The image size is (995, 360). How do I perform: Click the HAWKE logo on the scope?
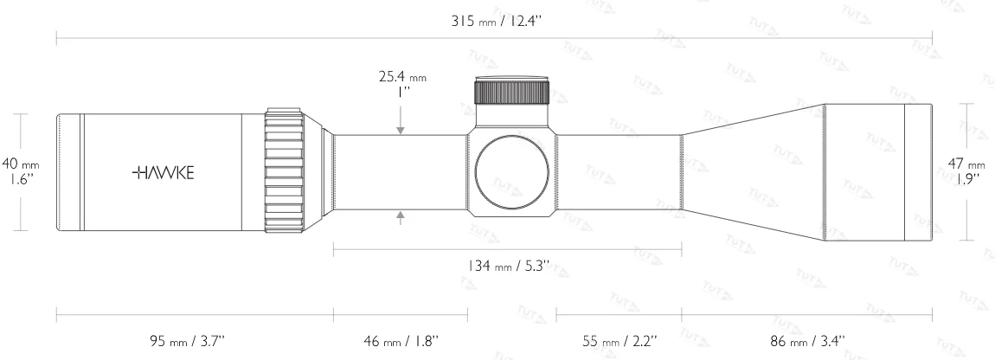[164, 172]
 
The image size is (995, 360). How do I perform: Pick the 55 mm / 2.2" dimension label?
[618, 340]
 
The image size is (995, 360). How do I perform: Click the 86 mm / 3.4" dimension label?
[807, 340]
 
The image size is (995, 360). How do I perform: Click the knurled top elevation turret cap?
[511, 92]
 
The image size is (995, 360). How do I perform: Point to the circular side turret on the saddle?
[511, 171]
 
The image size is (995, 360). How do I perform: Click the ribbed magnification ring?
[283, 171]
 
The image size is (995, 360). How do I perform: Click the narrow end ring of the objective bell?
[918, 171]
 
